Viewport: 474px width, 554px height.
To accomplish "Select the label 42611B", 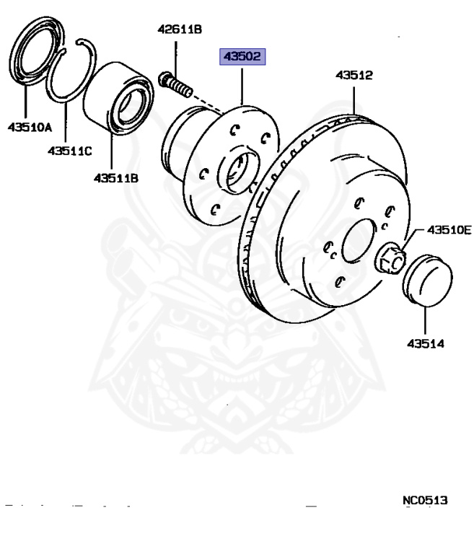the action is click(x=180, y=30).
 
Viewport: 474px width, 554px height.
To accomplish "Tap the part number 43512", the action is click(x=353, y=75).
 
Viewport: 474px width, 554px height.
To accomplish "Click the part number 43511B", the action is click(x=115, y=177).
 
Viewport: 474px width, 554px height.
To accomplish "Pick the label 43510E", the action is click(x=448, y=230).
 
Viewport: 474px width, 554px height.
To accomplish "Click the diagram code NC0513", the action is click(x=425, y=499).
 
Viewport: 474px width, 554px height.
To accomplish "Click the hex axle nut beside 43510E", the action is click(x=391, y=258).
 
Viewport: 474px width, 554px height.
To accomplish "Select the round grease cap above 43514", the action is click(x=426, y=277).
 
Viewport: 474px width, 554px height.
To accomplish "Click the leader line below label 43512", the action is click(x=353, y=98).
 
